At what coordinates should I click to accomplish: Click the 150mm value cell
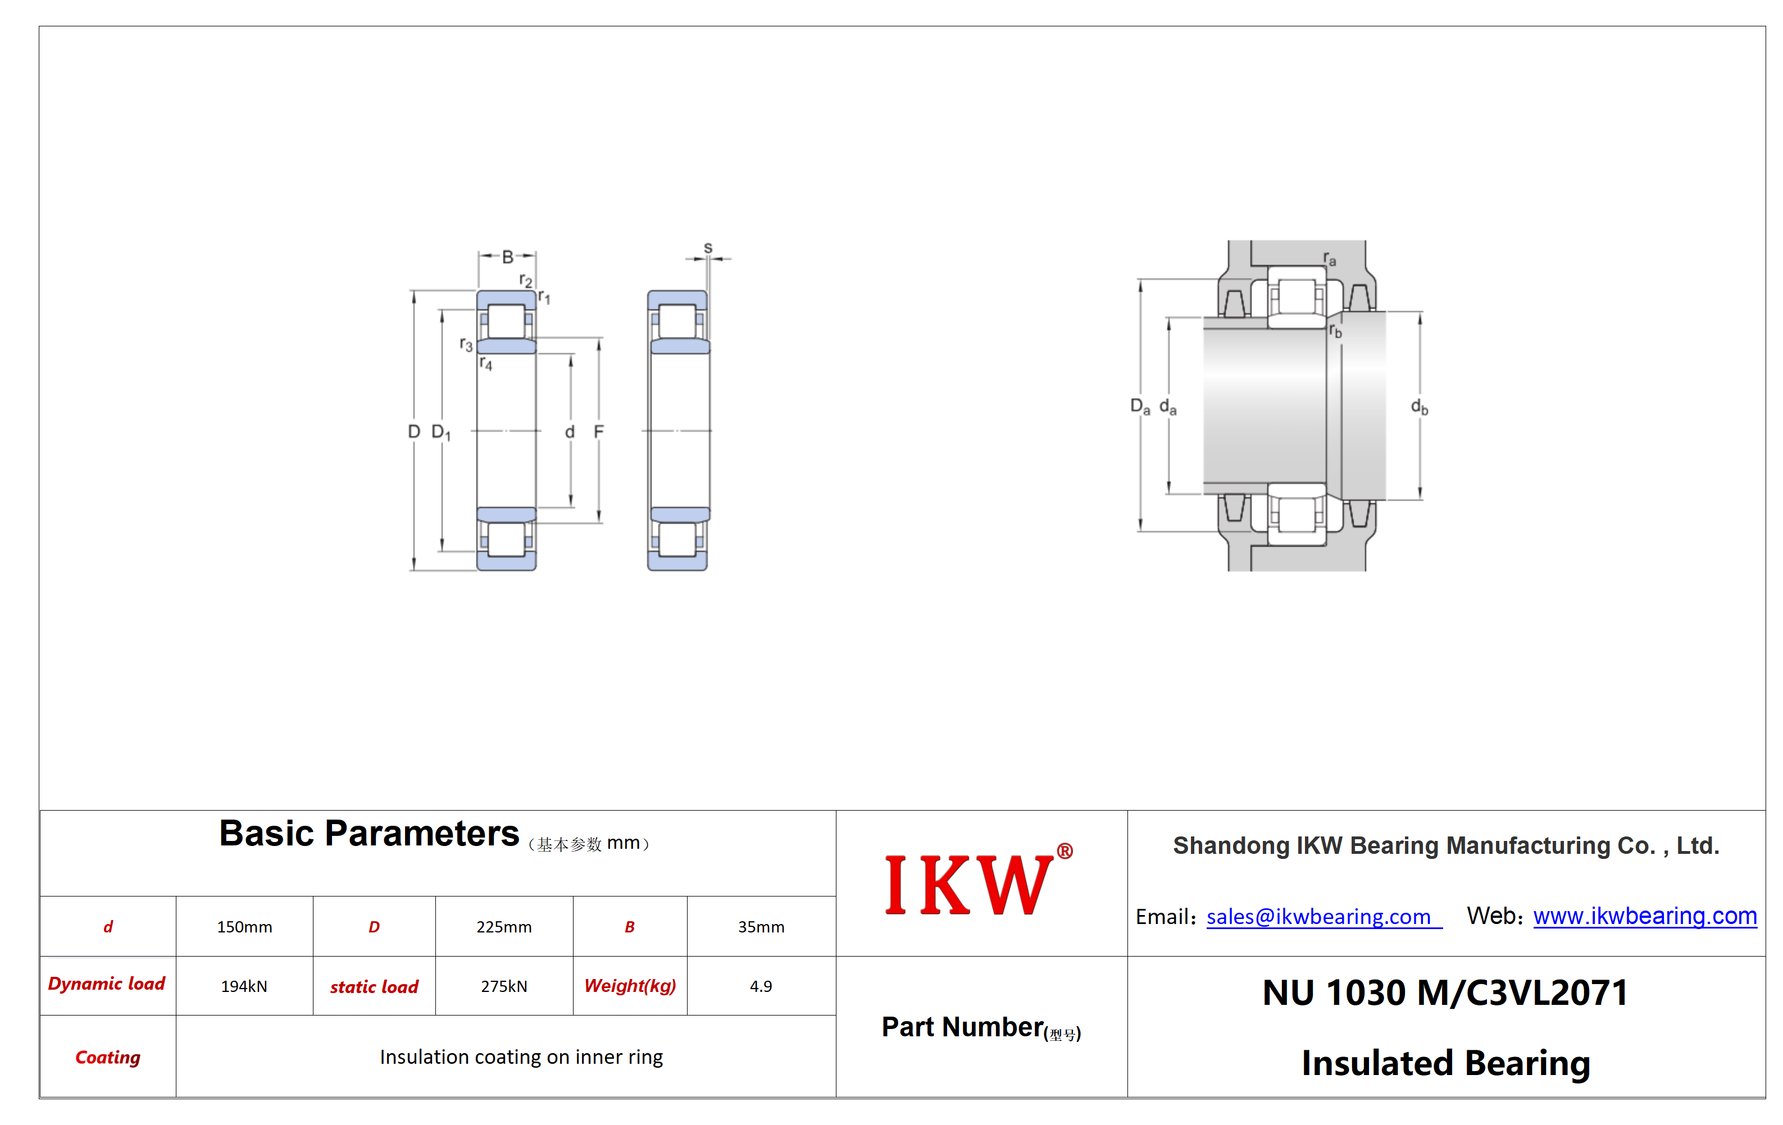click(244, 927)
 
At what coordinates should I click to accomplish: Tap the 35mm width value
click(761, 927)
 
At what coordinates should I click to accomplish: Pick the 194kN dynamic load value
click(244, 986)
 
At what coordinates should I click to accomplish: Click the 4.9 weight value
click(761, 986)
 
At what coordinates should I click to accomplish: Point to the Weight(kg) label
click(630, 986)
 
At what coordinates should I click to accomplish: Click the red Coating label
click(108, 1057)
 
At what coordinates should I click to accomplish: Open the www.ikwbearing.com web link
click(1645, 916)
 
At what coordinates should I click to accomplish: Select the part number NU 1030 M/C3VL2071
click(1445, 993)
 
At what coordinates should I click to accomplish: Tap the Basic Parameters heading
click(369, 834)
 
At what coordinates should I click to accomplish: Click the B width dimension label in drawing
click(507, 257)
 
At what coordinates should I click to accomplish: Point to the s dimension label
click(708, 248)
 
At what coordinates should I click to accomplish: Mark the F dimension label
click(598, 432)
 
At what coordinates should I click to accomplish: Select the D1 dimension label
click(440, 432)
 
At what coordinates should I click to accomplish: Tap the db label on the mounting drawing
click(1418, 406)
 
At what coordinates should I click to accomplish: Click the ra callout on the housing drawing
click(1330, 259)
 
